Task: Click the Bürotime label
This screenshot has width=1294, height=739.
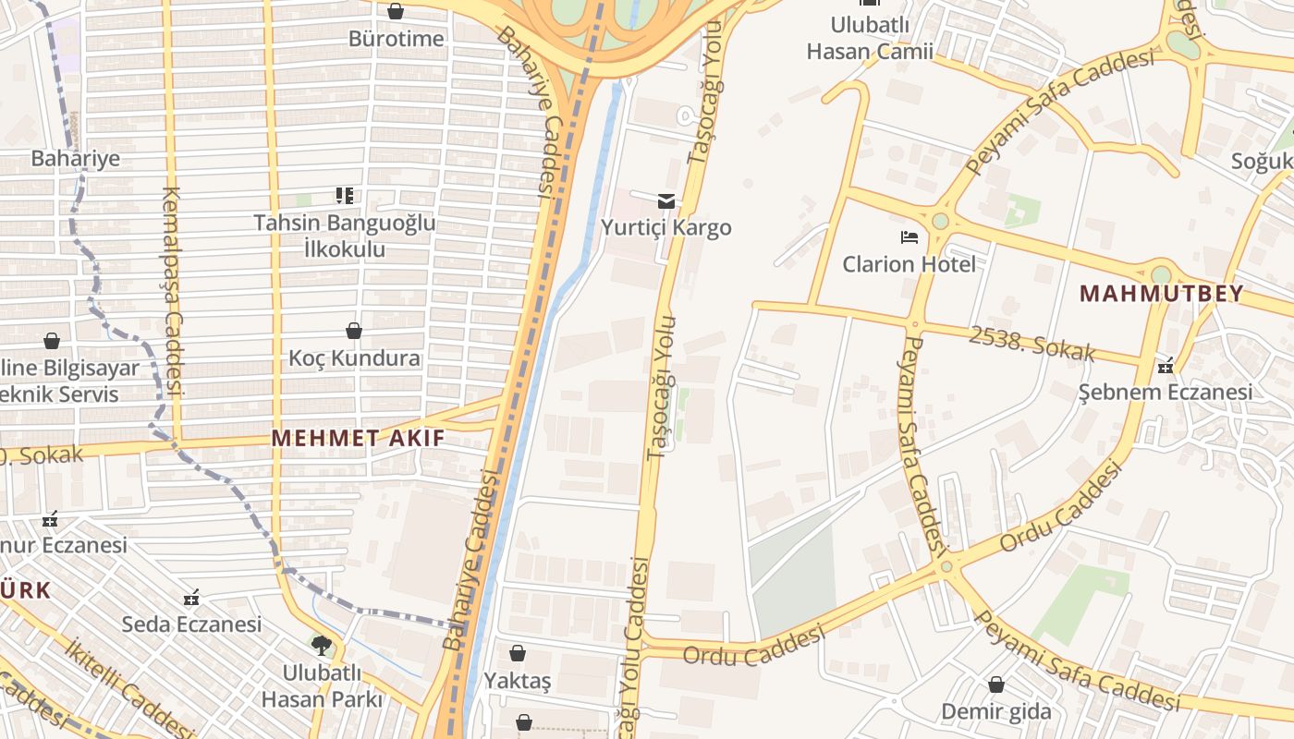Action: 396,39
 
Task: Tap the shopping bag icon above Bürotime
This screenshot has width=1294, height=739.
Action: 396,11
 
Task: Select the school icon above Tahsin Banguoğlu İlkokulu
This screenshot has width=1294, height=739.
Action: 345,195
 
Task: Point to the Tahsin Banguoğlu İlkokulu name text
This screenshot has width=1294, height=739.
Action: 345,236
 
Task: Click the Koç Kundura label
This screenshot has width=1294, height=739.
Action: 354,357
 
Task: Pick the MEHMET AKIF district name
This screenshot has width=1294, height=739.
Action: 358,438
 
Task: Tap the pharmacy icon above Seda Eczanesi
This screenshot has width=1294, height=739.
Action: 191,597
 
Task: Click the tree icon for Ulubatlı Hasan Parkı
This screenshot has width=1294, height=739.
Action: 321,645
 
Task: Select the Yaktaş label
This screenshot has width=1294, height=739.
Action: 518,681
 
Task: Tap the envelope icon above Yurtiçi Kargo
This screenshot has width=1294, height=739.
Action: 665,200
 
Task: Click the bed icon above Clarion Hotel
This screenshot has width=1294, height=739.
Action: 909,237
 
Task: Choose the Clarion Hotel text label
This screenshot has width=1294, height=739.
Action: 909,264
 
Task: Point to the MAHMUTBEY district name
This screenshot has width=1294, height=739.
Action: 1161,294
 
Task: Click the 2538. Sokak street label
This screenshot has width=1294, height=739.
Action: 1032,343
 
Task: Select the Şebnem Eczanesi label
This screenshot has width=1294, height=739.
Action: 1166,392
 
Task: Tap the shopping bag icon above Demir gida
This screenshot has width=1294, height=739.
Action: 995,684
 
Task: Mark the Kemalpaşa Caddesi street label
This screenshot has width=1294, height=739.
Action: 173,291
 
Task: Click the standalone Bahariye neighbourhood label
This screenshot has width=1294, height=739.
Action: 76,158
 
